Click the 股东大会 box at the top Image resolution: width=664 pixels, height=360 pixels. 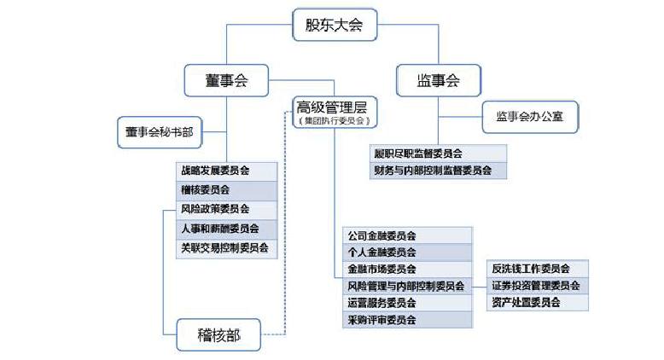pyautogui.click(x=335, y=26)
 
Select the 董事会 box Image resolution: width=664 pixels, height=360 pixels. pyautogui.click(x=225, y=81)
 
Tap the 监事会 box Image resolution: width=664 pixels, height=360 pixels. pyautogui.click(x=438, y=81)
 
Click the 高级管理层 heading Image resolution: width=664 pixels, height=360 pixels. pyautogui.click(x=331, y=107)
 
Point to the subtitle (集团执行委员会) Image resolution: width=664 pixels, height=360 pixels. pyautogui.click(x=332, y=121)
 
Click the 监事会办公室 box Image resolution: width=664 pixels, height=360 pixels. pyautogui.click(x=530, y=117)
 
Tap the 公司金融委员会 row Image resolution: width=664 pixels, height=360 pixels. pyautogui.click(x=405, y=235)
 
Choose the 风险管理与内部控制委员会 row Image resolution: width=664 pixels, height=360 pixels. pyautogui.click(x=405, y=286)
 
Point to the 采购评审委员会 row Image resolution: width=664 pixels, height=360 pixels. pyautogui.click(x=405, y=320)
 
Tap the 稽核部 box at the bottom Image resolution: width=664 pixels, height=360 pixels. pyautogui.click(x=218, y=335)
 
